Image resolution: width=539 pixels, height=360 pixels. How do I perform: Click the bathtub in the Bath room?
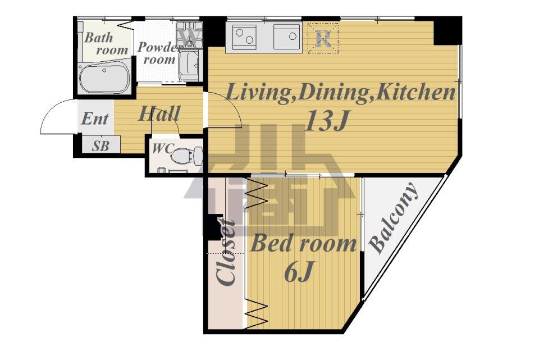tap(104, 79)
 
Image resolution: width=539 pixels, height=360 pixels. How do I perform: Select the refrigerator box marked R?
tap(323, 38)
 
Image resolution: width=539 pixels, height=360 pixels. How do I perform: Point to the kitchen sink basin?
tap(287, 37)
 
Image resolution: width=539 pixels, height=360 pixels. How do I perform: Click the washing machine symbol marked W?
tap(189, 35)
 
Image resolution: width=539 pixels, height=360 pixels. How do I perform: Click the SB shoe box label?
tap(101, 146)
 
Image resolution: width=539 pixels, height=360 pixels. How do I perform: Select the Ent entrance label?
tap(94, 119)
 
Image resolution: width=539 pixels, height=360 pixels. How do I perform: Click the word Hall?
tap(159, 113)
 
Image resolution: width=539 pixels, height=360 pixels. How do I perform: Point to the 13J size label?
tap(326, 121)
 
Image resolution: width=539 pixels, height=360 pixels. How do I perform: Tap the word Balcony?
tap(394, 218)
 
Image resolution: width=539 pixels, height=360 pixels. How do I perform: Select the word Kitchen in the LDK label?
tap(415, 93)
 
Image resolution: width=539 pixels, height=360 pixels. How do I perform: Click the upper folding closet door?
tap(256, 194)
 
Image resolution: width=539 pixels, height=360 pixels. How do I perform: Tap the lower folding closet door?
tap(256, 313)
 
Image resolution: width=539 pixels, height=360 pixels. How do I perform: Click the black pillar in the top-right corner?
tap(447, 31)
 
